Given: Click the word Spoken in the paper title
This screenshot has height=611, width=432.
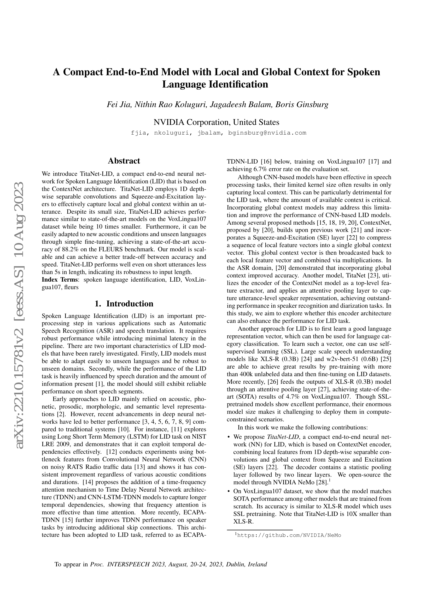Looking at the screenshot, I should coord(364,72).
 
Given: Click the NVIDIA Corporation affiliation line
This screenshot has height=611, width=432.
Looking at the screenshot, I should coord(216,122).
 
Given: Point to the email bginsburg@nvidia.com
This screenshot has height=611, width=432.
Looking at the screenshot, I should coord(267,133).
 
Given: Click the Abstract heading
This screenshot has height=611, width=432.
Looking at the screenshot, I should coord(124,161).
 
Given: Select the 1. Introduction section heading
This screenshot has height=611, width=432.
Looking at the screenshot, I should coord(124,304).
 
